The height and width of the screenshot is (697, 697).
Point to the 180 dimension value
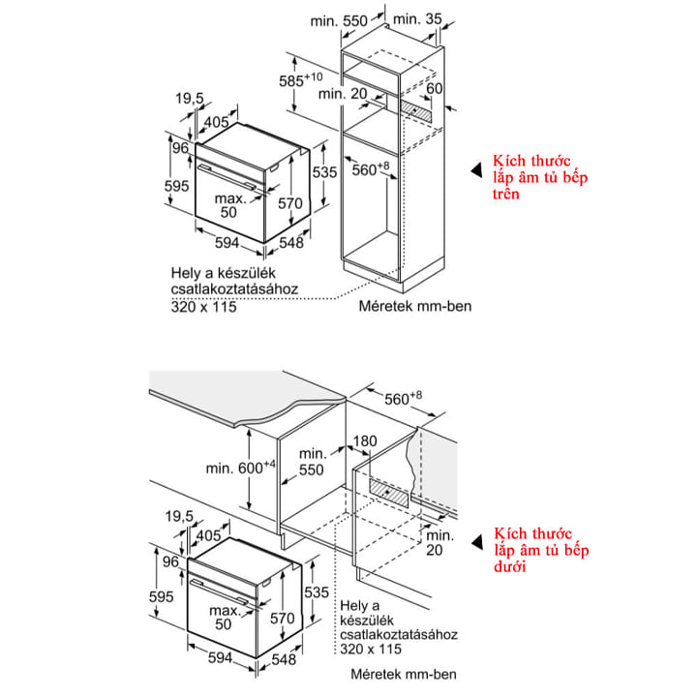(366, 442)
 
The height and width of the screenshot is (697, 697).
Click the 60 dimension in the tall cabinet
(435, 89)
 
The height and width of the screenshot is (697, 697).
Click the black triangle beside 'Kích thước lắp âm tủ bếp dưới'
(474, 544)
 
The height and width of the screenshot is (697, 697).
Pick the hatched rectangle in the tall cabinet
(417, 112)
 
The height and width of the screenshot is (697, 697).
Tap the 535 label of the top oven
(326, 172)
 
